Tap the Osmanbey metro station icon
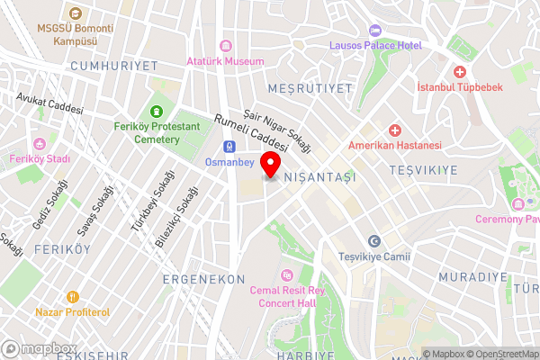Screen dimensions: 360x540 click(229, 147)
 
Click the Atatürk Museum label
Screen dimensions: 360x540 click(225, 61)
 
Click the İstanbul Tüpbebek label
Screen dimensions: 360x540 click(458, 87)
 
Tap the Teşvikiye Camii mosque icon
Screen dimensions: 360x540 click(374, 241)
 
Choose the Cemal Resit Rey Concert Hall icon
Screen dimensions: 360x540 click(287, 275)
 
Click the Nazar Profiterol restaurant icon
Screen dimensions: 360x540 click(73, 296)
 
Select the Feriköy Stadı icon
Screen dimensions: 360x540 click(39, 144)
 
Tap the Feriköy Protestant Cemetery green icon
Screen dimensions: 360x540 click(157, 112)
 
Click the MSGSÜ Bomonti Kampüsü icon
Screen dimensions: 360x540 click(75, 13)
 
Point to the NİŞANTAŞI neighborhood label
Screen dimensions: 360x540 click(319, 178)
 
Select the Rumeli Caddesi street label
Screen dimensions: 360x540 click(251, 131)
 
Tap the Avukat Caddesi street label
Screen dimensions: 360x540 click(49, 103)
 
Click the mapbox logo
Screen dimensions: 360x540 click(39, 348)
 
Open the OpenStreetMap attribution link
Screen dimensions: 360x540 click(500, 353)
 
